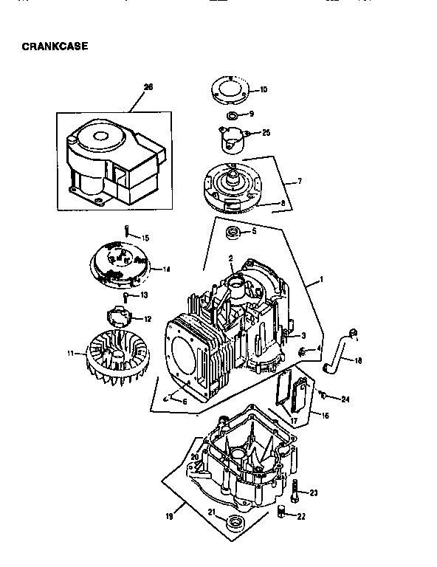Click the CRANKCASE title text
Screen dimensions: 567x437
click(56, 46)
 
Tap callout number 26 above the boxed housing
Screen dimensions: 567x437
click(148, 87)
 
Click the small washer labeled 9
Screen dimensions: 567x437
click(232, 116)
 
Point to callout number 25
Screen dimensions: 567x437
click(266, 133)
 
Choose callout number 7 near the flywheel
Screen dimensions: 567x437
click(300, 181)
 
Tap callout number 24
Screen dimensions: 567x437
click(345, 399)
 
